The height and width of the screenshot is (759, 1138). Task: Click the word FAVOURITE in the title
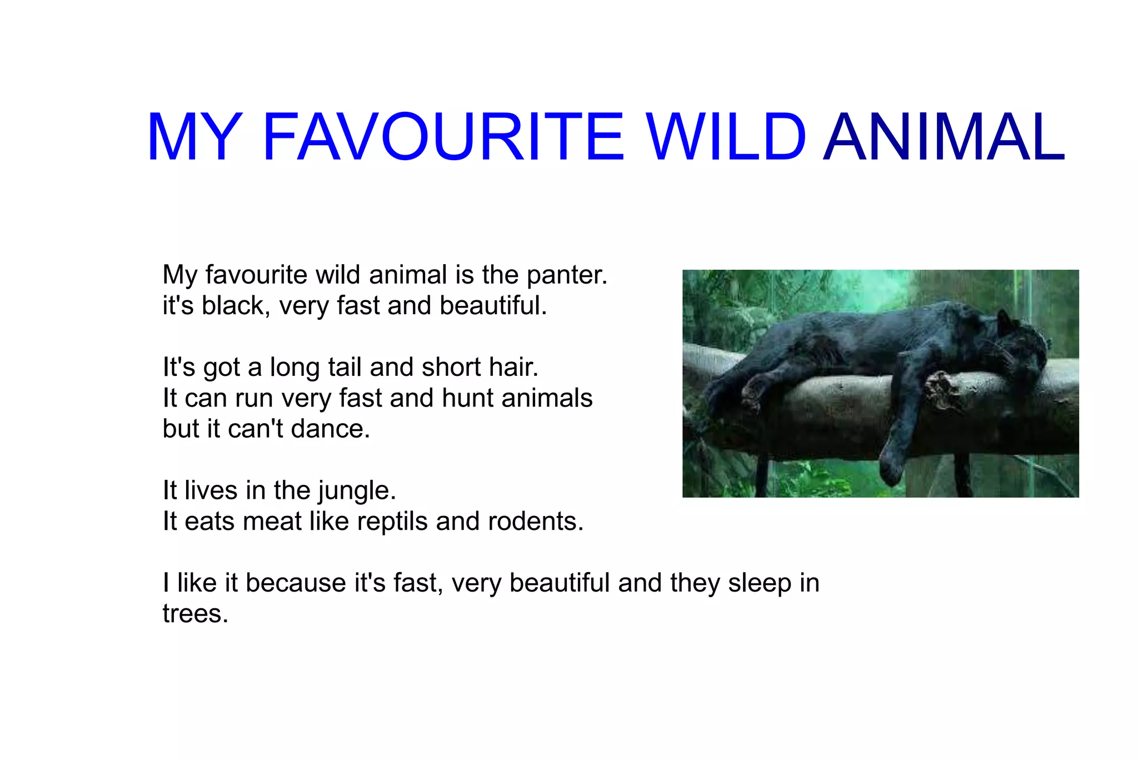(x=443, y=137)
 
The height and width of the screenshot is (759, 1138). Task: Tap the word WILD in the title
(x=725, y=137)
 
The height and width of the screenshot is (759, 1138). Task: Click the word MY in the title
(x=194, y=137)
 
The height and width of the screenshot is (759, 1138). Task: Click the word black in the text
(x=233, y=305)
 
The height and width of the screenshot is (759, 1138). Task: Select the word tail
(x=345, y=367)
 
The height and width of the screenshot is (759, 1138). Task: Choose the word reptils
(x=392, y=522)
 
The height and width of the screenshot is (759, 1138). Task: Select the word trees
(x=195, y=614)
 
